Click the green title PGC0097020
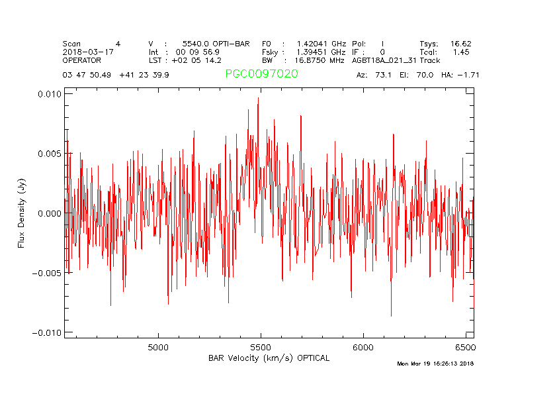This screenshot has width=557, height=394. [x=261, y=74]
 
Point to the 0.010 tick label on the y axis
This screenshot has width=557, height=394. [x=49, y=94]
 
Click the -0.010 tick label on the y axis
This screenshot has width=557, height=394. [x=47, y=332]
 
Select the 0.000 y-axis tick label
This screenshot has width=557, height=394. [x=49, y=213]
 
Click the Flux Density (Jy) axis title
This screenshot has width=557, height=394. [x=21, y=213]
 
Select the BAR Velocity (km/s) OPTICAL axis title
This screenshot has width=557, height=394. [x=269, y=358]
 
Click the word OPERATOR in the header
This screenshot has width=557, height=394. [x=82, y=60]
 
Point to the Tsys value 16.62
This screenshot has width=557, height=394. [x=460, y=44]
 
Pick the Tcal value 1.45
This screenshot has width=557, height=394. [x=461, y=52]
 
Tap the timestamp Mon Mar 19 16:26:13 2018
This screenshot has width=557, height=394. [x=435, y=364]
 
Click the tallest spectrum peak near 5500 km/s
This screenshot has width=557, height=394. [x=258, y=98]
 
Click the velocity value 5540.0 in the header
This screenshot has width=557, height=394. [x=196, y=44]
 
